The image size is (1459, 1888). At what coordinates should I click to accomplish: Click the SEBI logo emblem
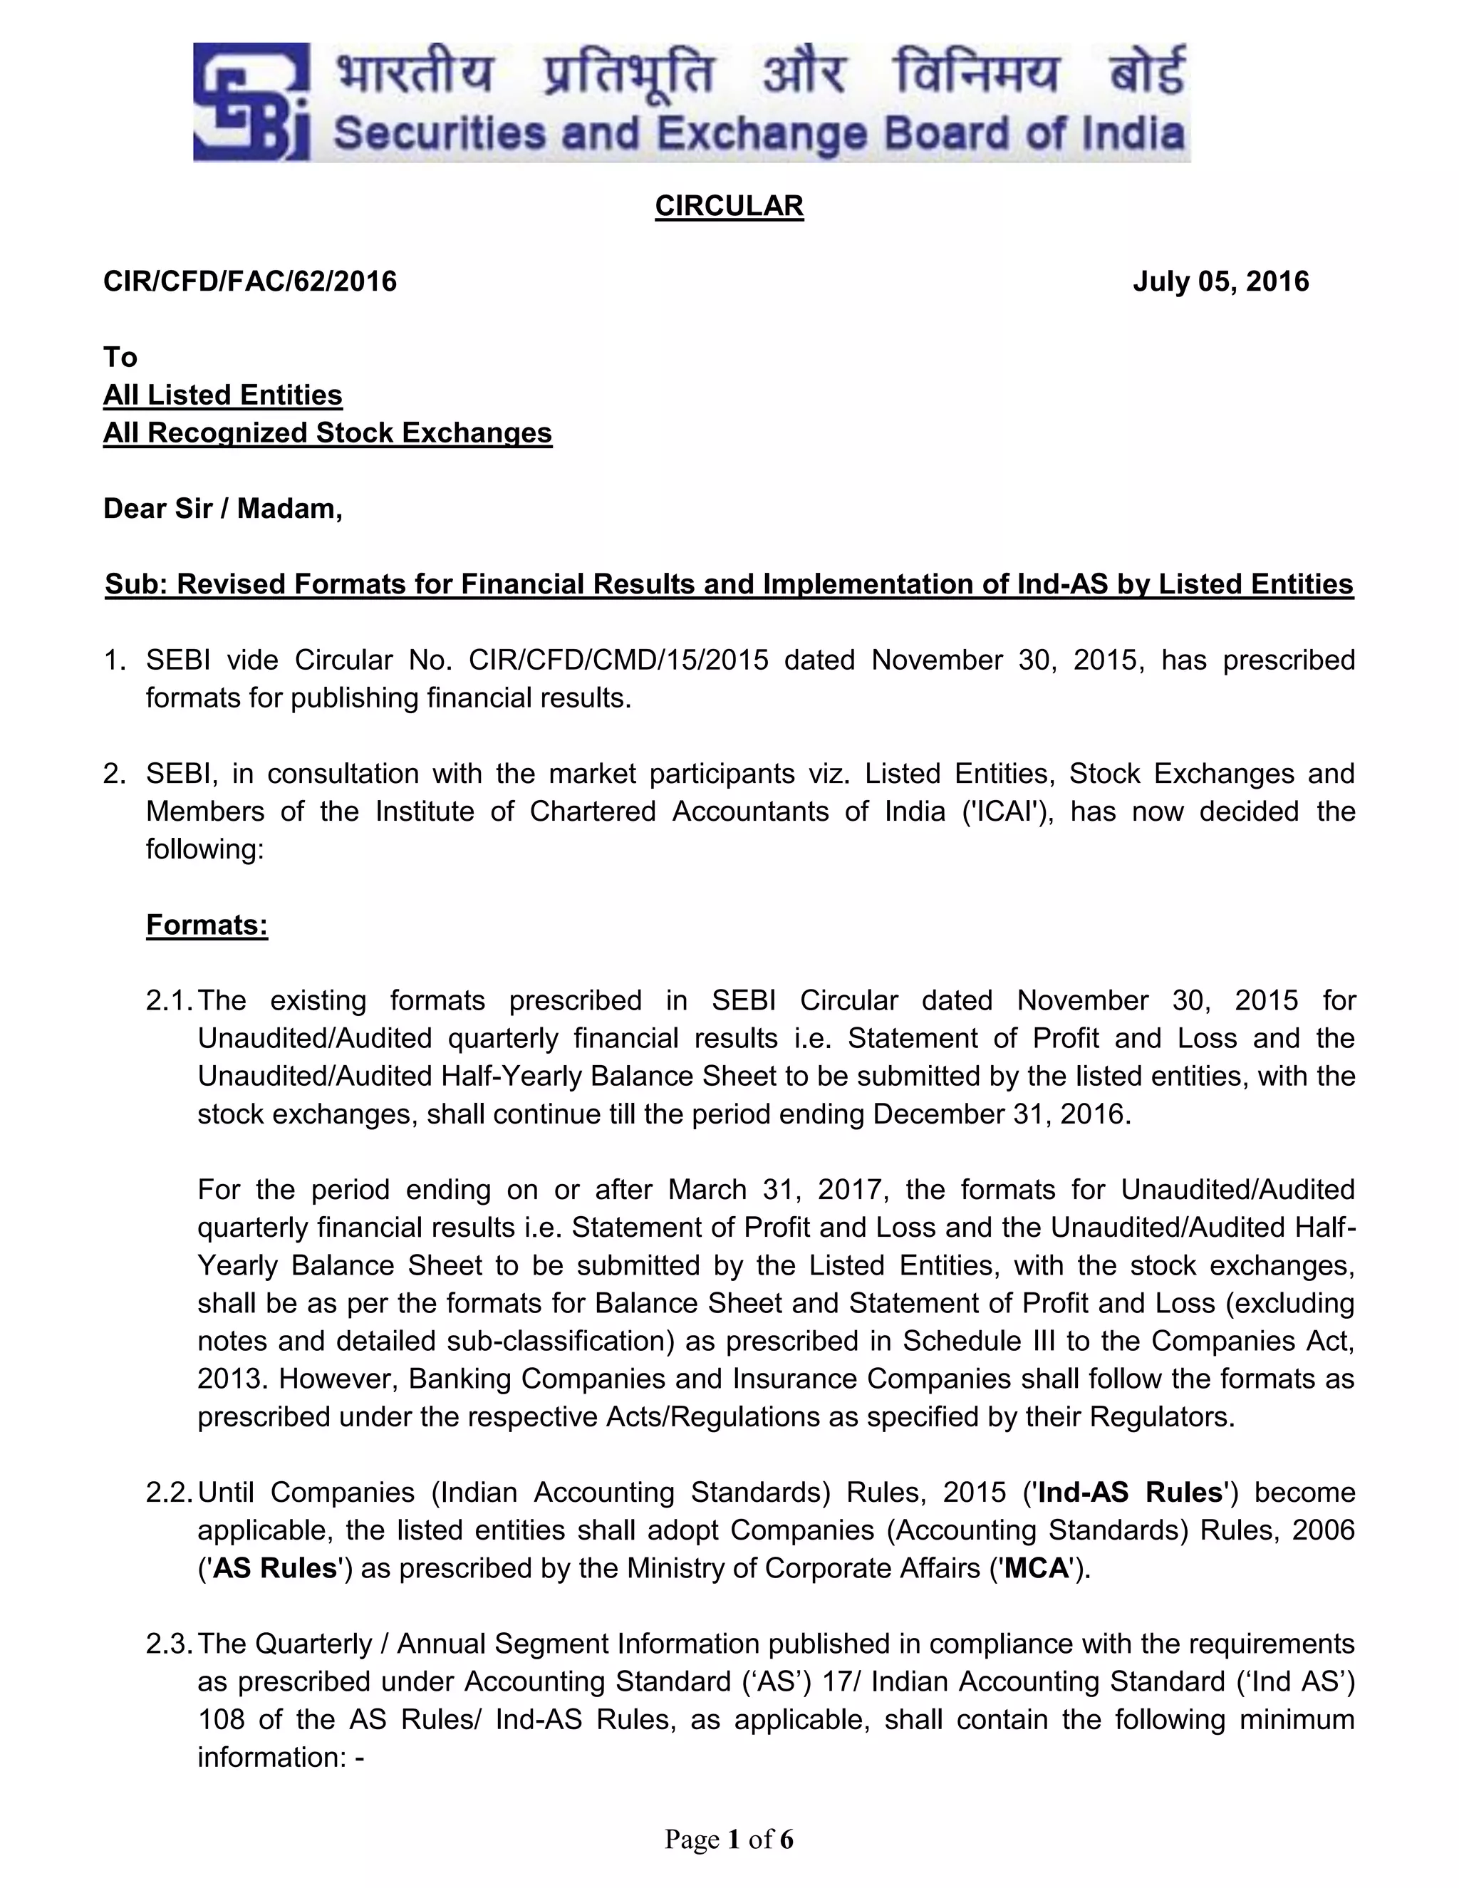click(x=250, y=102)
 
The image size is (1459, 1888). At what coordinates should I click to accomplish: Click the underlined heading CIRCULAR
click(x=729, y=206)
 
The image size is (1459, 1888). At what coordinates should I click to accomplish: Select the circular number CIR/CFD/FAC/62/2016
click(x=250, y=281)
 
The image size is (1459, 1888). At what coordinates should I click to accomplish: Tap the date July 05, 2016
click(x=1220, y=281)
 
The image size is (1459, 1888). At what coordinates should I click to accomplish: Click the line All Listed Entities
click(x=223, y=395)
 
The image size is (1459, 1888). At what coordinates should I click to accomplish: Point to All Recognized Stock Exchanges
click(x=328, y=432)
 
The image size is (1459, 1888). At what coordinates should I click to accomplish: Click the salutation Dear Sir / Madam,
click(x=223, y=508)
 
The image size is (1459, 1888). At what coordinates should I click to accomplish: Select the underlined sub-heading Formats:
click(x=207, y=925)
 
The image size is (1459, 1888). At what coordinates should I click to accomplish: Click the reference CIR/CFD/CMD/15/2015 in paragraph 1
click(x=618, y=660)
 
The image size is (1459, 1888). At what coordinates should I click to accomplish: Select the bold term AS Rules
click(x=274, y=1568)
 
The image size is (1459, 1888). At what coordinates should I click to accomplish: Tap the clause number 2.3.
click(x=169, y=1644)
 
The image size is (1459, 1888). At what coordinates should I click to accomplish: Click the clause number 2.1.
click(x=169, y=1000)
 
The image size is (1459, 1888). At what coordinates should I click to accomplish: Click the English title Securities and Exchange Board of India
click(x=758, y=134)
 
